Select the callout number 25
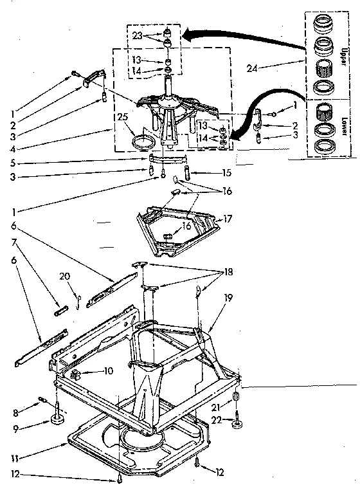tap(123, 116)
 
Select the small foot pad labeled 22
tap(239, 423)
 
